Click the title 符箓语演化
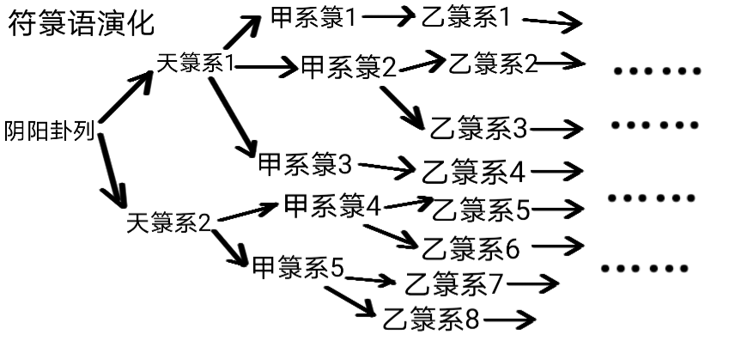[x=82, y=23]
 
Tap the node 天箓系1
[x=197, y=64]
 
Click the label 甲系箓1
[x=313, y=16]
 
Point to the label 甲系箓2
[x=349, y=68]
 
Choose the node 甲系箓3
[x=305, y=162]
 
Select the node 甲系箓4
[x=331, y=206]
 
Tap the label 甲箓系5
[x=298, y=269]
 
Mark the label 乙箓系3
[x=479, y=128]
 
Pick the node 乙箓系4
[x=472, y=172]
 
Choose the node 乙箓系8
[x=432, y=318]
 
